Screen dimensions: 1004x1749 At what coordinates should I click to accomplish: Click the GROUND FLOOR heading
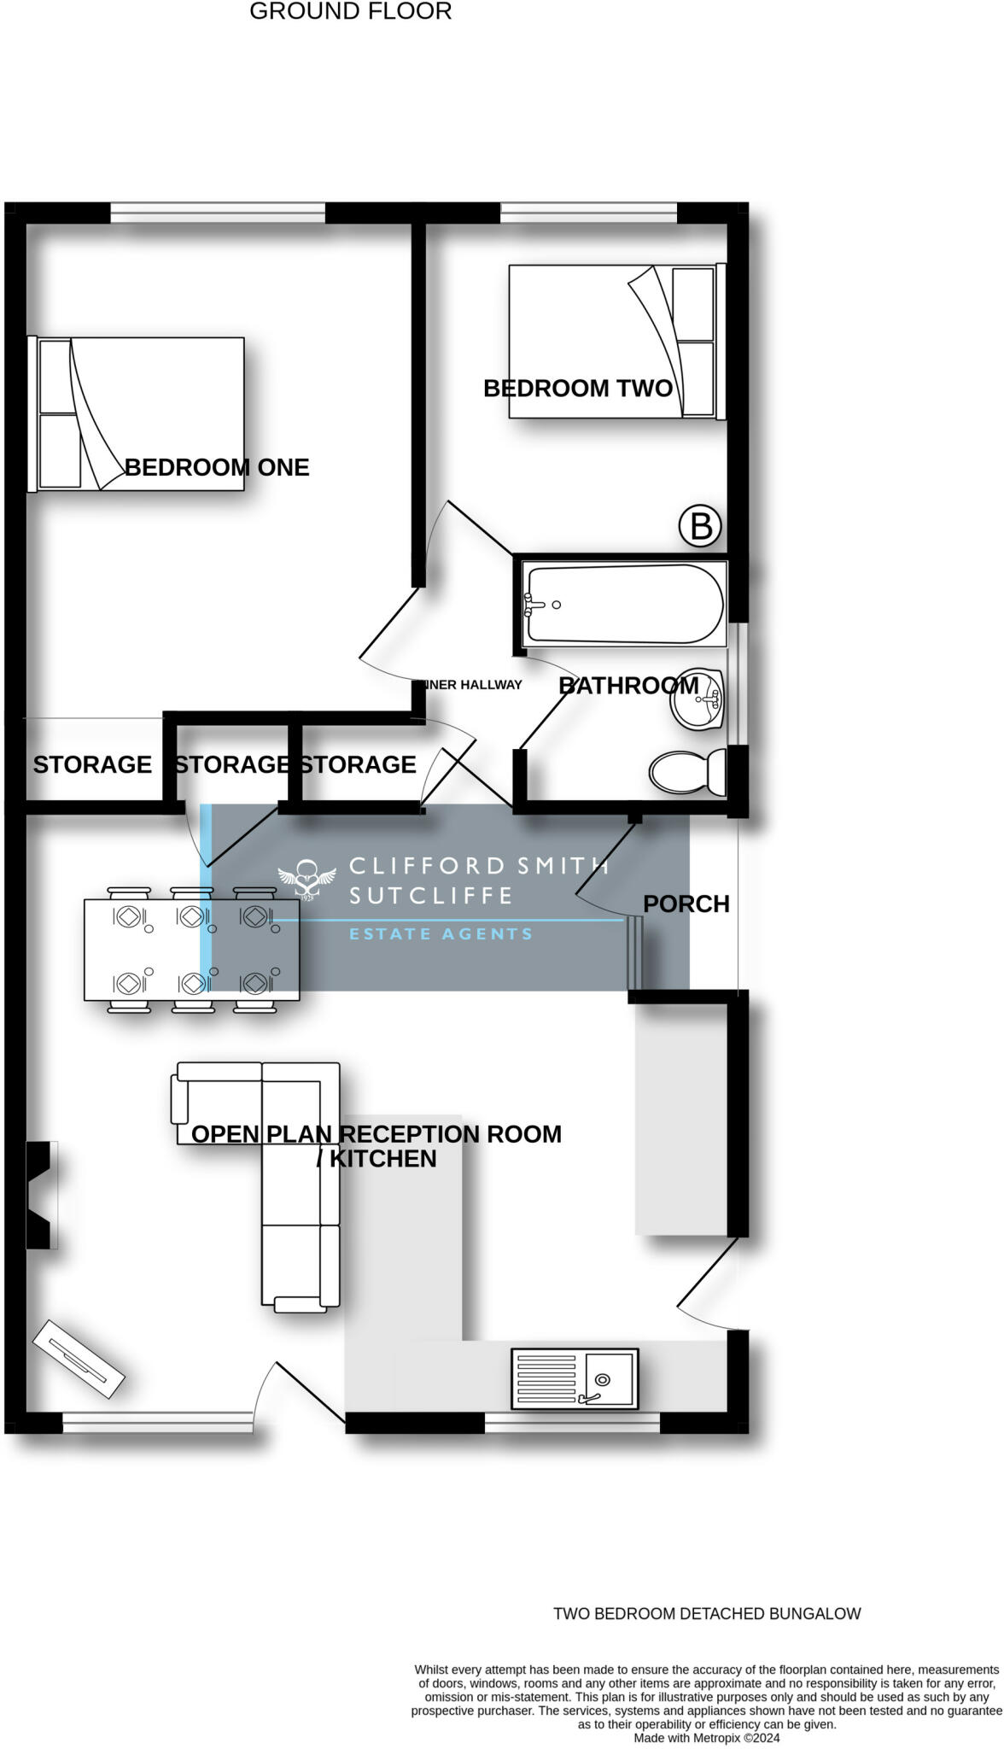tap(350, 12)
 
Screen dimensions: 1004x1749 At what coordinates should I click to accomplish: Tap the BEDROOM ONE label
tap(217, 467)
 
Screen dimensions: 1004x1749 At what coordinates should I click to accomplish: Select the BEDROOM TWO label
tap(578, 389)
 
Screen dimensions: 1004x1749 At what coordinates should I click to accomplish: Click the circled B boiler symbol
tap(700, 526)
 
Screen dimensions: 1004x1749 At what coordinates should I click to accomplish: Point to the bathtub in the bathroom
tap(624, 604)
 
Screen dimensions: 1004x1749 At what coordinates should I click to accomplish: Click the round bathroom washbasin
tap(698, 699)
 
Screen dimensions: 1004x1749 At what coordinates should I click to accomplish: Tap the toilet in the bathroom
tap(686, 772)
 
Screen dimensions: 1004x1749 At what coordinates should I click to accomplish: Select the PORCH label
tap(686, 904)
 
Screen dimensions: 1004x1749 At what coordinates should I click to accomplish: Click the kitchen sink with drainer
tap(574, 1378)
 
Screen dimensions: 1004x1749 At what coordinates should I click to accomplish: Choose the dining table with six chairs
tap(191, 949)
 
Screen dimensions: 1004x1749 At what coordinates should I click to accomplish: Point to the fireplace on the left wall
tap(41, 1195)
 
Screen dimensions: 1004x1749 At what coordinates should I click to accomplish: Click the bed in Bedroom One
tap(137, 414)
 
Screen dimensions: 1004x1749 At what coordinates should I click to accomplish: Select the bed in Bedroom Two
tap(615, 341)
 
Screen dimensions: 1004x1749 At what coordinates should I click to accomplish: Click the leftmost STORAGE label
tap(92, 764)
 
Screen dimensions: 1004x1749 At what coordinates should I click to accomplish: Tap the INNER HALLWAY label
tap(472, 685)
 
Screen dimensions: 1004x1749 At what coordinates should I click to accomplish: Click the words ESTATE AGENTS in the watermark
tap(441, 933)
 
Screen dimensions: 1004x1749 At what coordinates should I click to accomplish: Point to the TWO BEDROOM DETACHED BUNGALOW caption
tap(707, 1614)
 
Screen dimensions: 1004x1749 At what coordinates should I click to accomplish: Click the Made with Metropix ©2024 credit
tap(706, 1738)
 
